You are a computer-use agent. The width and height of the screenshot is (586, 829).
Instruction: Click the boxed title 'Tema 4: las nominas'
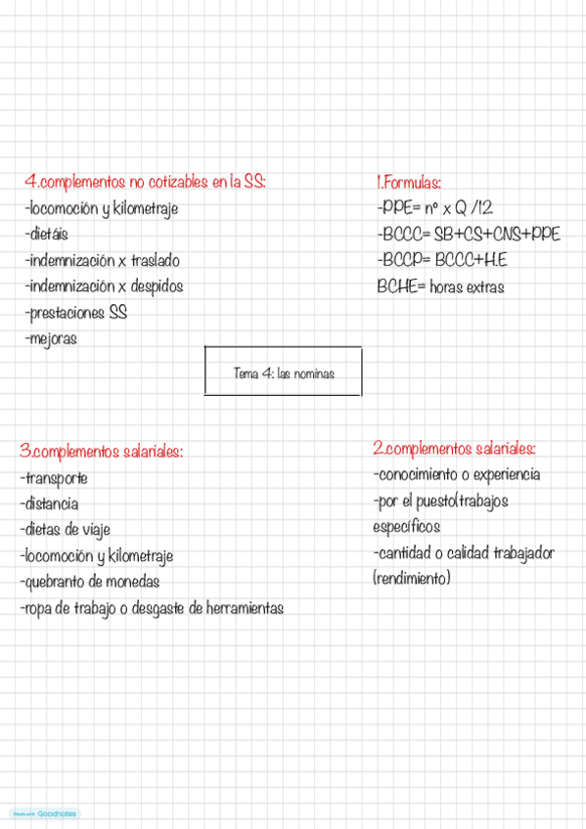[x=283, y=372]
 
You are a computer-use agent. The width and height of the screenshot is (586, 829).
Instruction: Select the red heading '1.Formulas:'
[x=409, y=183]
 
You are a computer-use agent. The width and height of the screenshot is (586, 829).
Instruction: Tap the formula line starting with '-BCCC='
[x=468, y=235]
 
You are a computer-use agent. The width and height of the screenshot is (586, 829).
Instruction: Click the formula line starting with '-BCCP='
[x=441, y=261]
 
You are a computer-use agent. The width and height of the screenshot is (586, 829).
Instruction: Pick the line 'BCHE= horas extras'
[x=440, y=287]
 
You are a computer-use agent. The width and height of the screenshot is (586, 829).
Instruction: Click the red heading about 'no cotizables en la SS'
[x=146, y=182]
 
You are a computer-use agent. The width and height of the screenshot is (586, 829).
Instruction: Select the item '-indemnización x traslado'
[x=103, y=261]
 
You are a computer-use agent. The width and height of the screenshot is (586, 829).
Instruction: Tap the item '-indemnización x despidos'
[x=105, y=287]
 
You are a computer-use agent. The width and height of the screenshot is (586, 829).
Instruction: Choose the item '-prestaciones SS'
[x=76, y=314]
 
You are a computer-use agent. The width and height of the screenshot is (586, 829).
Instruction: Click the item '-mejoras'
[x=51, y=339]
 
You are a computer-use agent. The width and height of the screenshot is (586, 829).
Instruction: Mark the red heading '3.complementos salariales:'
[x=102, y=452]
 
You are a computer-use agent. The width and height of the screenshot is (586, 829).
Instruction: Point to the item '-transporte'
[x=54, y=478]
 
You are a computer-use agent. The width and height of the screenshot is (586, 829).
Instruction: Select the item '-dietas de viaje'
[x=66, y=530]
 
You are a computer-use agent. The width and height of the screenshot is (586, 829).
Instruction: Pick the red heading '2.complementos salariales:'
[x=454, y=449]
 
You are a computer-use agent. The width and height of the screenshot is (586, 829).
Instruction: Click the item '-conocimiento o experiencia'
[x=456, y=475]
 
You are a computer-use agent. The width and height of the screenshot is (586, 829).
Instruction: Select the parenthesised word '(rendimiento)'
[x=412, y=579]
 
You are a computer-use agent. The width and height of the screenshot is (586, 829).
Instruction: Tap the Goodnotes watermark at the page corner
[x=45, y=813]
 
